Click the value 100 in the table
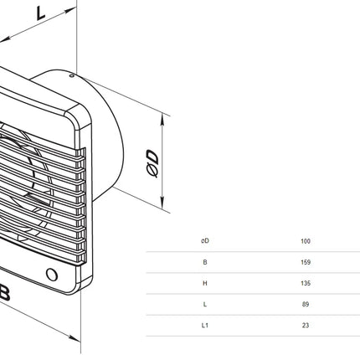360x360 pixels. pos(306,241)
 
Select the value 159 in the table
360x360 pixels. pos(306,262)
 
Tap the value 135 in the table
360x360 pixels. pos(306,283)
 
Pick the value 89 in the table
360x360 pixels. pos(306,304)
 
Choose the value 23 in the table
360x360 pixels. pos(306,326)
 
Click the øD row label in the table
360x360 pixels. pos(205,241)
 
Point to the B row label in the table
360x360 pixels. pos(205,262)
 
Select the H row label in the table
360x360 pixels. pos(205,283)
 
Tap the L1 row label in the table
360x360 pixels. pos(205,326)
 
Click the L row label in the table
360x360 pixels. pos(205,304)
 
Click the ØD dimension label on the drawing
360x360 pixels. pos(152,163)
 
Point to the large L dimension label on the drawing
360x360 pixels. pos(41,13)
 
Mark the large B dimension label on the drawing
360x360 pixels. pos(4,292)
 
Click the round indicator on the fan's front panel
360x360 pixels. pos(52,275)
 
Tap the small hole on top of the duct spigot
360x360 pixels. pos(71,75)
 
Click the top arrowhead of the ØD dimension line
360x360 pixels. pos(162,120)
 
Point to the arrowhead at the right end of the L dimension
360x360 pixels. pos(70,11)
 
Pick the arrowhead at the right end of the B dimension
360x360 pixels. pos(75,338)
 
